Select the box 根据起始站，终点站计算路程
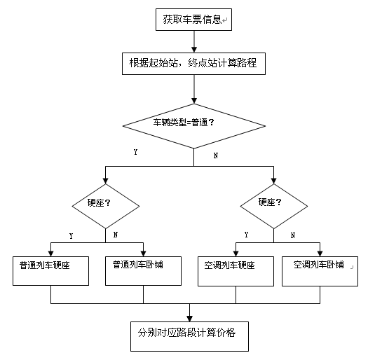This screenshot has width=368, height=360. (x=193, y=62)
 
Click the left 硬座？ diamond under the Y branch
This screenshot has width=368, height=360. (x=106, y=204)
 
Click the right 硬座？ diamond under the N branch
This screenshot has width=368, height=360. (x=273, y=204)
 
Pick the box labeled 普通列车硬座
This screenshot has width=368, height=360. (x=51, y=270)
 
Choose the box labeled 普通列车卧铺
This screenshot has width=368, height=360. (x=143, y=270)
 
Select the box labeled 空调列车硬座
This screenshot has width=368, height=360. (x=236, y=270)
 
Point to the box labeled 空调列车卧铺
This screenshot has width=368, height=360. (x=320, y=270)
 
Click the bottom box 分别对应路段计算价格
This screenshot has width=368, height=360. (x=190, y=335)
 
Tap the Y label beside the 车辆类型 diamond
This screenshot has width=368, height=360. (x=135, y=152)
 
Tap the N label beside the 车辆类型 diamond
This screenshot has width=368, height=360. (x=215, y=155)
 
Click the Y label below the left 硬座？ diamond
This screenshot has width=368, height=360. (x=70, y=236)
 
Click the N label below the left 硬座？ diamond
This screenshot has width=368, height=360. (x=115, y=235)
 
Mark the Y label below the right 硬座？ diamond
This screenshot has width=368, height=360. (x=245, y=235)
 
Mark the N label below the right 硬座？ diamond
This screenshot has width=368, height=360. (x=292, y=235)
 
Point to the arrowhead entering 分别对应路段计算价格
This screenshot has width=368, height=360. (x=191, y=317)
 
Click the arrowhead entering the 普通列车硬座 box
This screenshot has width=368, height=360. (x=51, y=251)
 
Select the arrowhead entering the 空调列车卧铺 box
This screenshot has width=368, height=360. (x=320, y=251)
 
